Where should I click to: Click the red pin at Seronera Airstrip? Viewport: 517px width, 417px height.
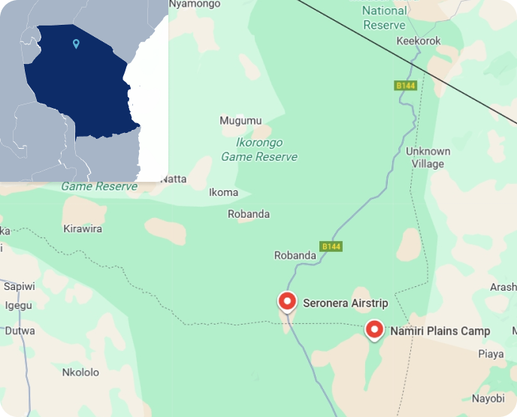click(287, 301)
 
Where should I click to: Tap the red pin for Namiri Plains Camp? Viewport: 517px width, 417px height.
click(374, 329)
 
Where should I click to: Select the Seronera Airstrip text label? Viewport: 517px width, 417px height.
click(345, 304)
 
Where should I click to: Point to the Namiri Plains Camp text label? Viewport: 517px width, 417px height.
click(440, 331)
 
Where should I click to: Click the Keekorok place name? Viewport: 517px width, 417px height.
click(418, 41)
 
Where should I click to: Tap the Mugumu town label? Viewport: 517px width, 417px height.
click(240, 120)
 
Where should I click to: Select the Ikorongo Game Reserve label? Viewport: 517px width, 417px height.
click(259, 150)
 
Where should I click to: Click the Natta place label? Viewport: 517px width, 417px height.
click(174, 179)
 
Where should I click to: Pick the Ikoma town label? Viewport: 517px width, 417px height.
click(223, 192)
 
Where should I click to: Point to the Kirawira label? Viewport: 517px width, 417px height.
click(83, 228)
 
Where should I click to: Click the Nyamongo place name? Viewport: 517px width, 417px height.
click(195, 5)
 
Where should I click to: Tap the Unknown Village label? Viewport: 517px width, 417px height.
click(428, 157)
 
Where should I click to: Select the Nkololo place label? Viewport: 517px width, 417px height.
click(80, 372)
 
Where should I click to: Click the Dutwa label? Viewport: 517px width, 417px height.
click(20, 331)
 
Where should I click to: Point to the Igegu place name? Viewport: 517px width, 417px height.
click(18, 305)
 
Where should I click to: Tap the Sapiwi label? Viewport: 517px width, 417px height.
click(19, 286)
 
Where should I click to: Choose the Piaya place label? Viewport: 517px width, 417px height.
click(491, 354)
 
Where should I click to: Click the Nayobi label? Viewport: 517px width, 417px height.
click(488, 398)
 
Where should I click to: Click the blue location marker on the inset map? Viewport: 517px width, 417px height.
click(76, 44)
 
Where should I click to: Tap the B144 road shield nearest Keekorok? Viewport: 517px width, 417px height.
click(406, 86)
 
